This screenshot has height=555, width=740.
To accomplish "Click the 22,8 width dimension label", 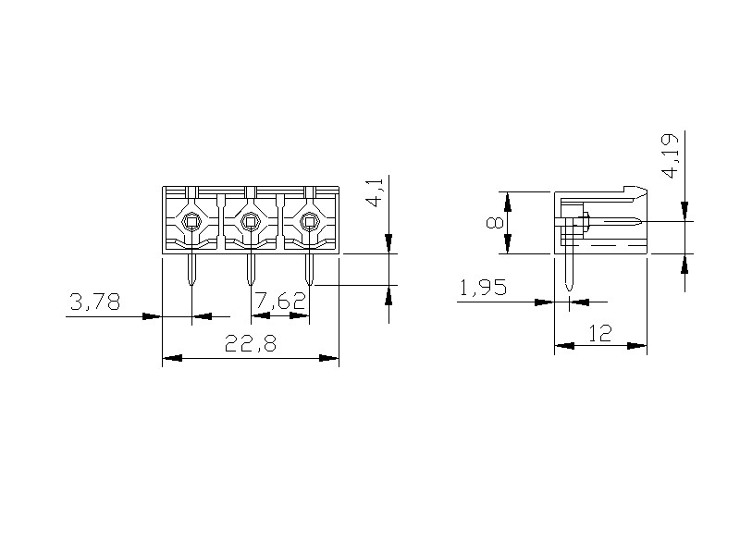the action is pyautogui.click(x=250, y=343).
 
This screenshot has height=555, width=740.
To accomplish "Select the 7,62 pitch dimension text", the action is pyautogui.click(x=280, y=301).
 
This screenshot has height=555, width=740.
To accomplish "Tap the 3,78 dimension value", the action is pyautogui.click(x=95, y=302).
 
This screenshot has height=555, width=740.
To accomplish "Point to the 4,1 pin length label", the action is pyautogui.click(x=376, y=191).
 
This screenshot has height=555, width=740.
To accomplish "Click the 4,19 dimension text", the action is pyautogui.click(x=672, y=155).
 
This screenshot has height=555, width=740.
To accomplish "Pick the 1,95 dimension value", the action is pyautogui.click(x=483, y=287).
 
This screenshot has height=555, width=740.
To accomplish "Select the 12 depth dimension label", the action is pyautogui.click(x=599, y=333).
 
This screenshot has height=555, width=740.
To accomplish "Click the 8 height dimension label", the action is pyautogui.click(x=495, y=222).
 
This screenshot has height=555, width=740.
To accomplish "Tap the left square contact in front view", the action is pyautogui.click(x=191, y=221).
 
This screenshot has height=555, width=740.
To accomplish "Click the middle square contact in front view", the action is pyautogui.click(x=251, y=221).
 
